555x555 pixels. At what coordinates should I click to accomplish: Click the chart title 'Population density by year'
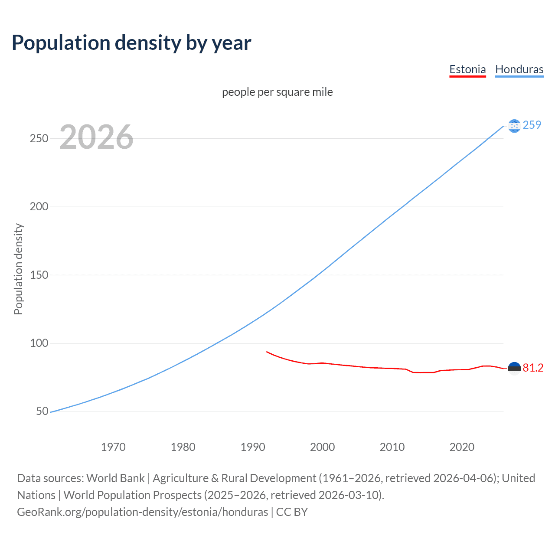pyautogui.click(x=131, y=42)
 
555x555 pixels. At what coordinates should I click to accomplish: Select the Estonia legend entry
pyautogui.click(x=467, y=69)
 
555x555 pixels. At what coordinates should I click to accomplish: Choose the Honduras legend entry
pyautogui.click(x=519, y=69)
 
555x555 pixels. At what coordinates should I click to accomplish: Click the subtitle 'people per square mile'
pyautogui.click(x=277, y=92)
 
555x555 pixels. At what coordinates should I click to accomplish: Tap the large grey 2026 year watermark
pyautogui.click(x=96, y=137)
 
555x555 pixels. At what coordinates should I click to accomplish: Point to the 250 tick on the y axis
pyautogui.click(x=39, y=138)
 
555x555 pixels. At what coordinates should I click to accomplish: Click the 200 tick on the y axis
pyautogui.click(x=39, y=206)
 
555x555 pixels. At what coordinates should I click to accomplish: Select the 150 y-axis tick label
pyautogui.click(x=39, y=275)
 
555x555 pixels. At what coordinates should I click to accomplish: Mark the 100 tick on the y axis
pyautogui.click(x=39, y=343)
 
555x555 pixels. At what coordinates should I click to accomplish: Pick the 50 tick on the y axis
pyautogui.click(x=42, y=411)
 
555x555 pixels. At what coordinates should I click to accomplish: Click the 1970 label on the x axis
pyautogui.click(x=113, y=447)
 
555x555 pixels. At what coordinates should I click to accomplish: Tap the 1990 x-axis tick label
pyautogui.click(x=253, y=447)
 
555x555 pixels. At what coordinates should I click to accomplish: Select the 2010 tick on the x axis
pyautogui.click(x=392, y=447)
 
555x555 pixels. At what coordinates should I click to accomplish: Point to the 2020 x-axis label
pyautogui.click(x=462, y=447)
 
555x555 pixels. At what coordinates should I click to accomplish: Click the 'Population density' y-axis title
pyautogui.click(x=18, y=269)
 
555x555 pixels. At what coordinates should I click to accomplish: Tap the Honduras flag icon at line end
pyautogui.click(x=514, y=126)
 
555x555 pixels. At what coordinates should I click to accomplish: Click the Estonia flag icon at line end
pyautogui.click(x=514, y=368)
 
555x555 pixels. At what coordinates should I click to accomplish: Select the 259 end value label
pyautogui.click(x=532, y=125)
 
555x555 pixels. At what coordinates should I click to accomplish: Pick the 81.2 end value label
pyautogui.click(x=533, y=368)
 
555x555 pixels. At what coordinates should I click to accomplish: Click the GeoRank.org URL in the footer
pyautogui.click(x=142, y=512)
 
